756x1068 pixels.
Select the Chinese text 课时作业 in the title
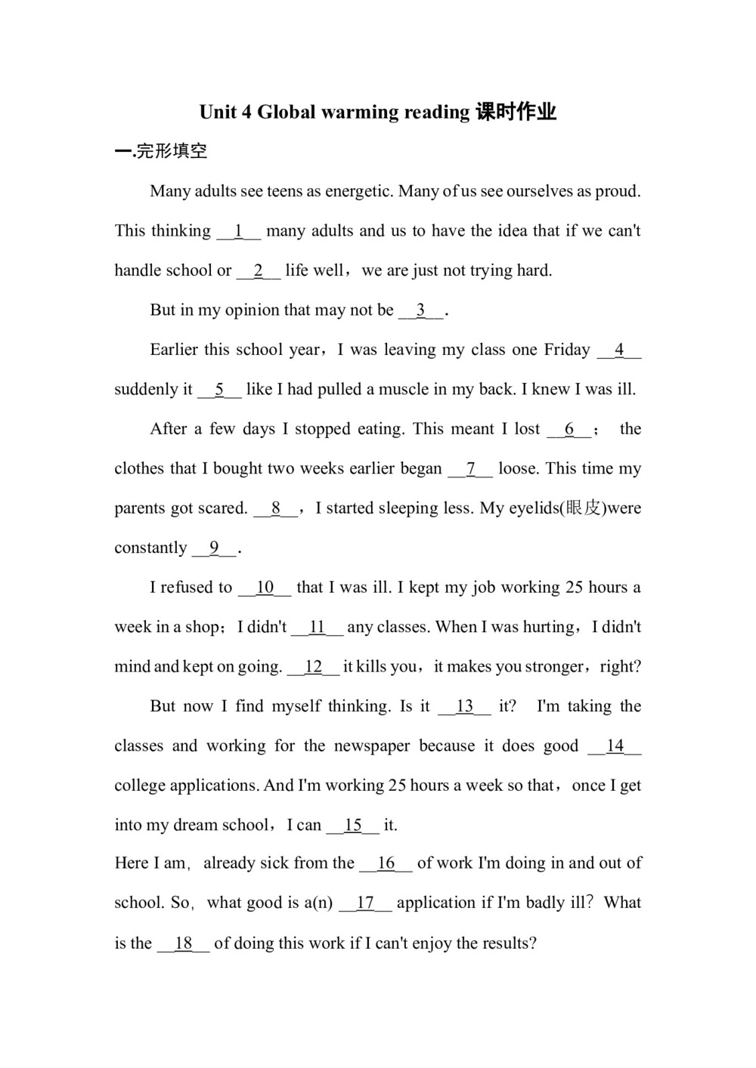(516, 113)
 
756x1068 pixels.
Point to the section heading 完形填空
(172, 151)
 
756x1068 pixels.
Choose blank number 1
(239, 231)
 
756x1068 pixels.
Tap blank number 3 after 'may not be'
(421, 310)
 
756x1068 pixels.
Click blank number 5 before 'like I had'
(219, 390)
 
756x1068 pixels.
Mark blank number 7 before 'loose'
(470, 469)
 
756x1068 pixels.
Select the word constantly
(150, 548)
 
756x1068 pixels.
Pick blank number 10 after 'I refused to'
(265, 588)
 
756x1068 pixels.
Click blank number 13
(464, 706)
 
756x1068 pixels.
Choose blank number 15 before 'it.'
(353, 826)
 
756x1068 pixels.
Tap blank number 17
(365, 903)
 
